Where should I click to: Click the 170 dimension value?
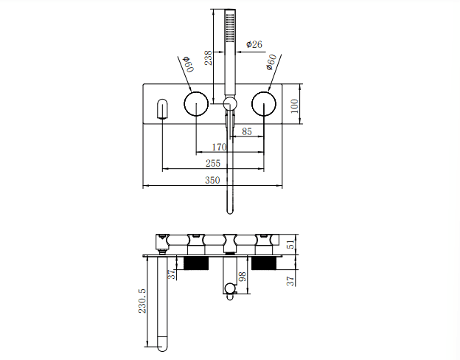pos(219,148)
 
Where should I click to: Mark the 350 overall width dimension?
pos(212,179)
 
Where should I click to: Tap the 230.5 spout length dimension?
pos(142,301)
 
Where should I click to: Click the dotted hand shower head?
pos(230,27)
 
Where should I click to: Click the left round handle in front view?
pos(196,105)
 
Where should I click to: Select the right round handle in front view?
pos(263,105)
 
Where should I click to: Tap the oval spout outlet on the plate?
pos(162,108)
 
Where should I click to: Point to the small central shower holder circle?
pos(230,104)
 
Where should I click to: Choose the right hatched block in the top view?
pos(263,263)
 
